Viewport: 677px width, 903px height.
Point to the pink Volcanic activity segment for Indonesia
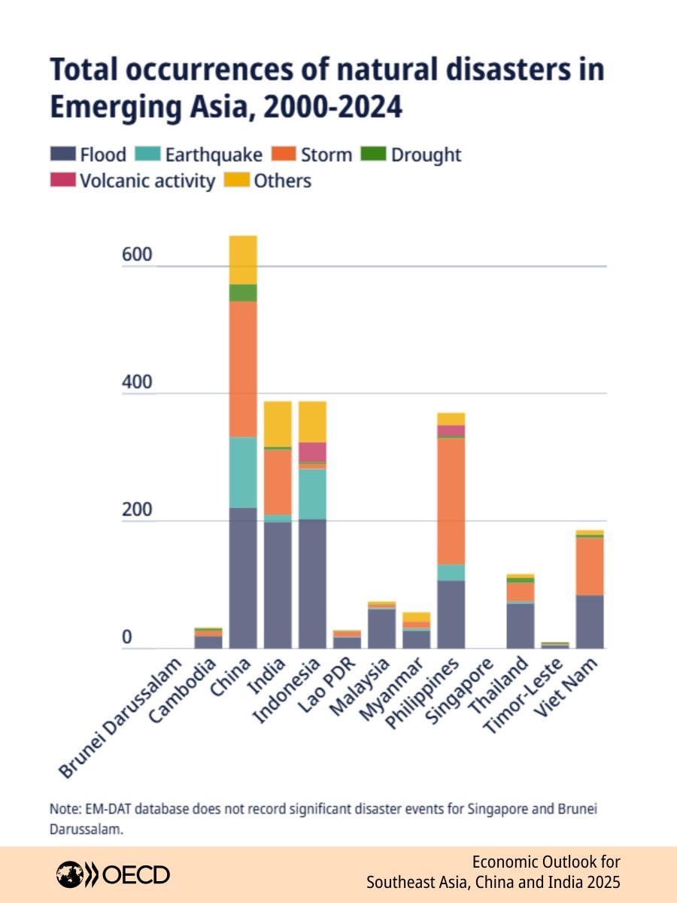(x=312, y=451)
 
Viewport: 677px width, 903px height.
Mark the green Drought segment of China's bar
(x=243, y=293)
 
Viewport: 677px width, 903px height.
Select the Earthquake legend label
(x=214, y=155)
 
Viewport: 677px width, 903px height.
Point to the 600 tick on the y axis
(x=137, y=256)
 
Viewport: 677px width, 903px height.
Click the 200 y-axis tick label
(x=137, y=510)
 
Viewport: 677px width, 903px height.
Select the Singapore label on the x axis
(x=465, y=689)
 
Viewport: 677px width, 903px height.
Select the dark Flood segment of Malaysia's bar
(x=381, y=629)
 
